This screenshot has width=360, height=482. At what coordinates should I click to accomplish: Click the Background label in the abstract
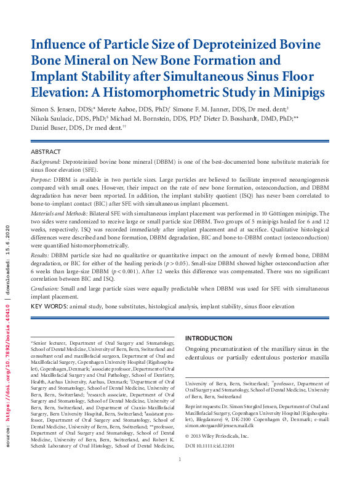(x=47, y=161)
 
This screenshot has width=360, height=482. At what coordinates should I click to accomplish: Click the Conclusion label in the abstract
(x=48, y=288)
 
